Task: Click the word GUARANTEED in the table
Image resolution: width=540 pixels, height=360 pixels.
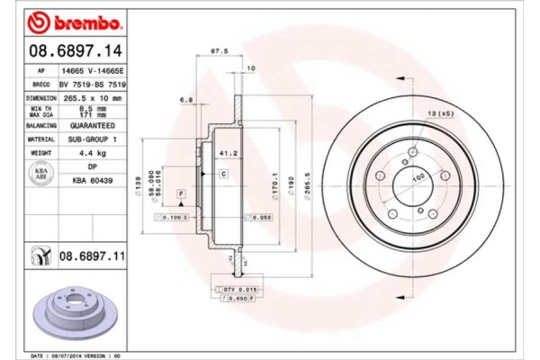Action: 94,126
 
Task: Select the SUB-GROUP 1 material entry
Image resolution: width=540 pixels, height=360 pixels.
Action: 94,140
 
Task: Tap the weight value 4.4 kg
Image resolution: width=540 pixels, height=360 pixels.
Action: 94,155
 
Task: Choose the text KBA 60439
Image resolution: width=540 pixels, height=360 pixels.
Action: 94,181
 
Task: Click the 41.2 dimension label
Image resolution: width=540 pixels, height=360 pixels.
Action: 228,154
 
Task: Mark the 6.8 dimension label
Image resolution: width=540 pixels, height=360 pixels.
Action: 185,100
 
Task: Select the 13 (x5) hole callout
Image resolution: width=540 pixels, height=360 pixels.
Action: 440,113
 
